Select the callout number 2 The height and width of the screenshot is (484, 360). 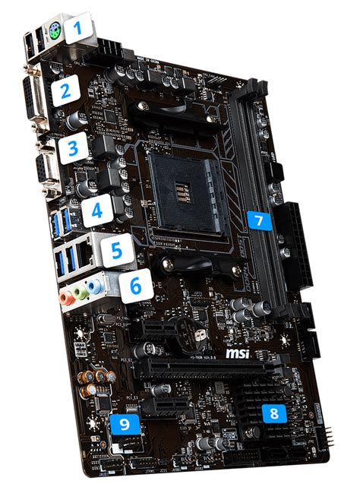click(x=66, y=92)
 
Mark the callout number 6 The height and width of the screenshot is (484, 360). click(x=134, y=286)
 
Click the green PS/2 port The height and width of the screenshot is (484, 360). click(x=55, y=33)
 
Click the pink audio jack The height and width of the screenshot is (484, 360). click(x=67, y=298)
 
